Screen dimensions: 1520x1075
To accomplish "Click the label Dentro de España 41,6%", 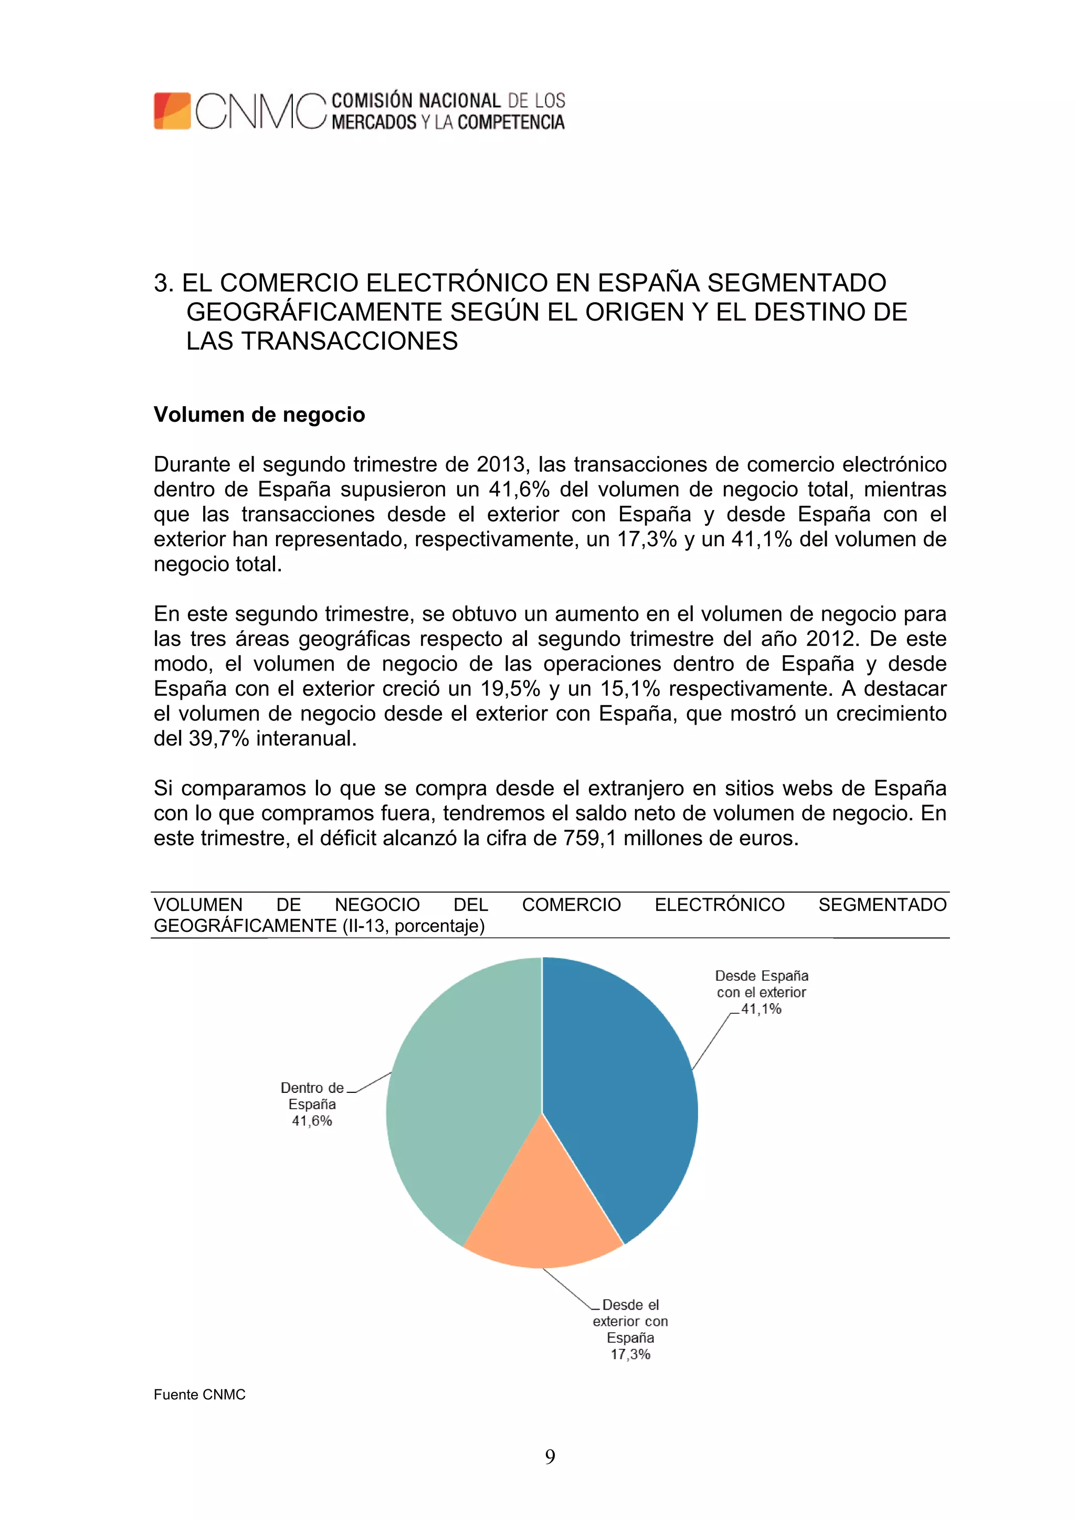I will click(312, 1104).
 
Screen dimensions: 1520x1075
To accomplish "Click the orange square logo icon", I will click(172, 111).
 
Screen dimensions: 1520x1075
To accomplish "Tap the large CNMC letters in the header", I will click(260, 111).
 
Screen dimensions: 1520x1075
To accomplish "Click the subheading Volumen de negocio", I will click(259, 414).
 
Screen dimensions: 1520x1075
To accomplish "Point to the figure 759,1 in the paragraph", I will click(589, 838).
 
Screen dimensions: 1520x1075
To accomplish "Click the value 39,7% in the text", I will click(218, 738).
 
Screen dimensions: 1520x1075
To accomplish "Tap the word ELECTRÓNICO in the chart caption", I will click(719, 905).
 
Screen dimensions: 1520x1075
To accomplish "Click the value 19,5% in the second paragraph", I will click(511, 688).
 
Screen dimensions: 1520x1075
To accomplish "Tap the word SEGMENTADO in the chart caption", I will click(882, 905).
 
